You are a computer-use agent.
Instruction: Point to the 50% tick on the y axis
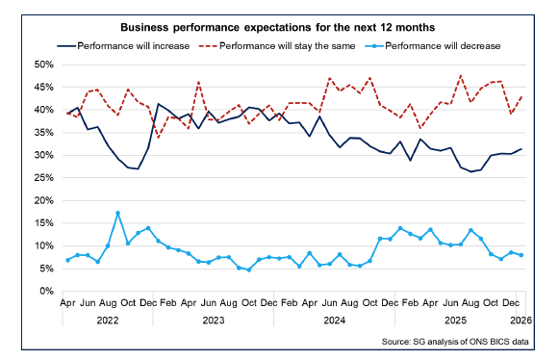pos(41,64)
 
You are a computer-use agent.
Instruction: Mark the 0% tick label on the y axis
pos(45,292)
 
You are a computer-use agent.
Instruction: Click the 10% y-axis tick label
pos(41,246)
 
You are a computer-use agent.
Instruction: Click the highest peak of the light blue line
pos(117,214)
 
